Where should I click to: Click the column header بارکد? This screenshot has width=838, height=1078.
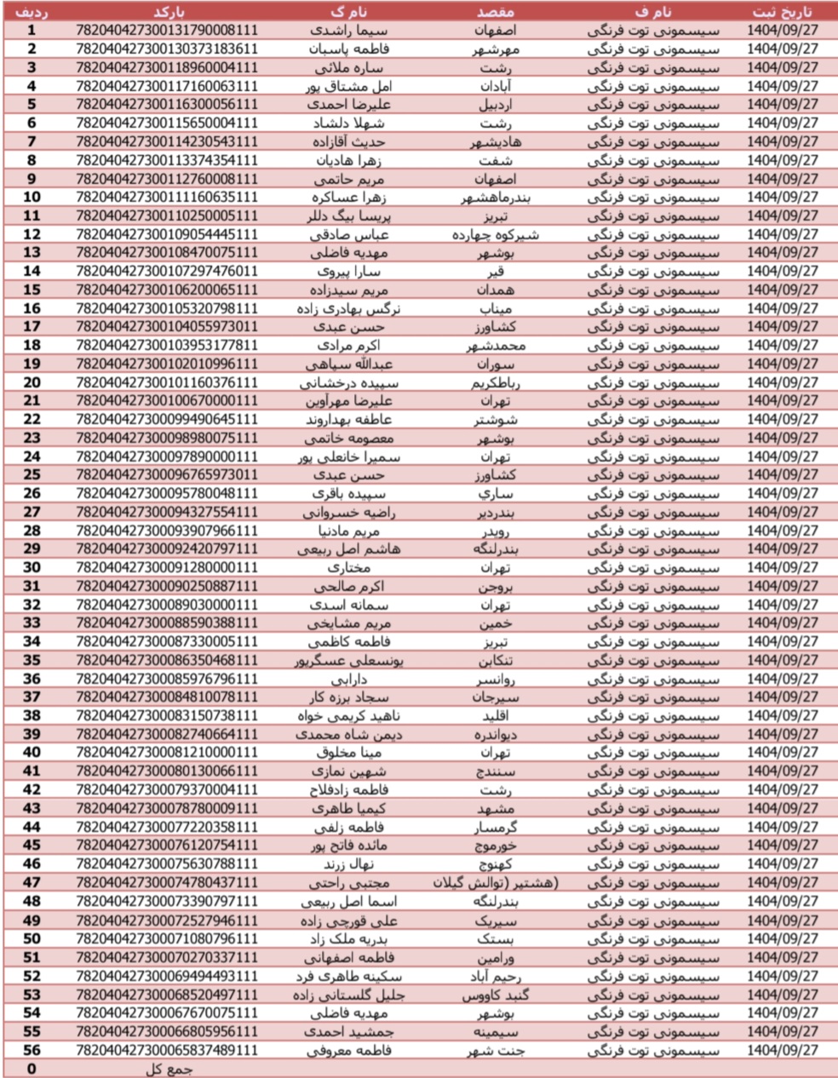[167, 12]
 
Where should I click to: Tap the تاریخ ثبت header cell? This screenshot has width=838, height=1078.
[783, 12]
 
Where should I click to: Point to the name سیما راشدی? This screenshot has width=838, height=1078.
[348, 30]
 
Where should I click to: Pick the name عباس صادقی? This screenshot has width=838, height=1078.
[349, 234]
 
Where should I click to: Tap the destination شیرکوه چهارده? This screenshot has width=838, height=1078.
[494, 234]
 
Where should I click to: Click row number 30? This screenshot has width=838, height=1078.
[32, 567]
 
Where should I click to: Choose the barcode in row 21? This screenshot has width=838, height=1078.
[167, 401]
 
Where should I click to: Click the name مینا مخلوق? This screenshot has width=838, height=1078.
[348, 753]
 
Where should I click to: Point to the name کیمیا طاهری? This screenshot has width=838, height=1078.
[348, 808]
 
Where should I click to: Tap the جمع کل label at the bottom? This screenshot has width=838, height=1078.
[167, 1069]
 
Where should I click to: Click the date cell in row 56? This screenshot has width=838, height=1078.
[783, 1050]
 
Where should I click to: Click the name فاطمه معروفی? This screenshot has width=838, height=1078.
[348, 1050]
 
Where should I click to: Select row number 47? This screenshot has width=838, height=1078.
[32, 883]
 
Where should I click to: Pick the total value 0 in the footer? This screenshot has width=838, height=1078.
[32, 1069]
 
